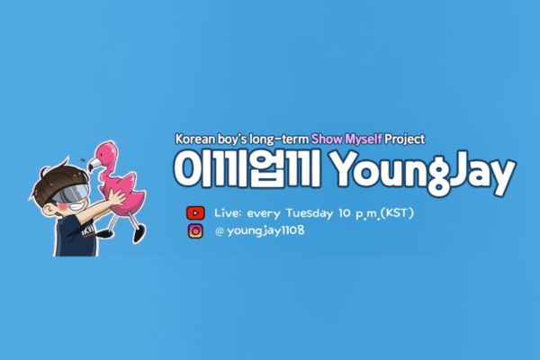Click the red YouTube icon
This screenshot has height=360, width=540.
(x=195, y=213)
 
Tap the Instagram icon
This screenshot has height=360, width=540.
(x=195, y=230)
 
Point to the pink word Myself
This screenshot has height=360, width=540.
(x=364, y=139)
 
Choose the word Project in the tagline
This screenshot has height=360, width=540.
(x=405, y=139)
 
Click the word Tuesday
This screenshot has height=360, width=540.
(x=309, y=213)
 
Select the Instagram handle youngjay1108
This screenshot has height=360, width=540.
(x=265, y=230)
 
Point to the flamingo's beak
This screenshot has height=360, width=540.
(x=94, y=165)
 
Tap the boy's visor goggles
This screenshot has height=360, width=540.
(x=70, y=193)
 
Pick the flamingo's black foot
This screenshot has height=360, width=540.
(x=139, y=236)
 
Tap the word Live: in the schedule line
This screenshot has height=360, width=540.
(x=228, y=213)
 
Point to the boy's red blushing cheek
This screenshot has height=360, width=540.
(x=62, y=208)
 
